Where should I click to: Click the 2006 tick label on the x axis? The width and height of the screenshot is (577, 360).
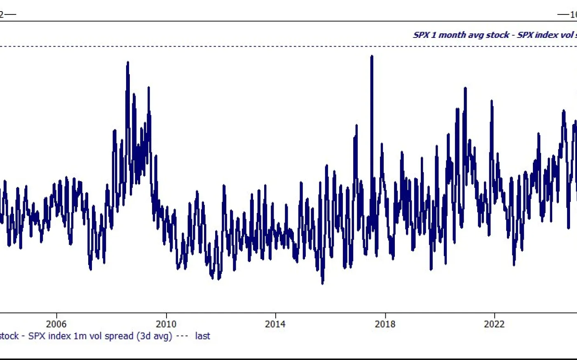pyautogui.click(x=56, y=324)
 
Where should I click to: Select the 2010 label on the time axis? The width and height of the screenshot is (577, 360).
pyautogui.click(x=166, y=324)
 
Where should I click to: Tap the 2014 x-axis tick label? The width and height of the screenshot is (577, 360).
pyautogui.click(x=275, y=324)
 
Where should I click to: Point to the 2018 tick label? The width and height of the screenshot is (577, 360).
pyautogui.click(x=385, y=324)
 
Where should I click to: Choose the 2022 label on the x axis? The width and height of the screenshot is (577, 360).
pyautogui.click(x=494, y=324)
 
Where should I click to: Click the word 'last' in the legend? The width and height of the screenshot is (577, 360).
pyautogui.click(x=202, y=336)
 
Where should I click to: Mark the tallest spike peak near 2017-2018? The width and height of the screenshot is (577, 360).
pyautogui.click(x=372, y=56)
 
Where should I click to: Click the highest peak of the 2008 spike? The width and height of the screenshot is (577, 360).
pyautogui.click(x=128, y=63)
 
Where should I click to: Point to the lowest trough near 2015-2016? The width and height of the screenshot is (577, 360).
pyautogui.click(x=322, y=283)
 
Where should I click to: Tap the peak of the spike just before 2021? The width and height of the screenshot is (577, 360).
pyautogui.click(x=465, y=88)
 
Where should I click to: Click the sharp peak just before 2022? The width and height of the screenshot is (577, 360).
pyautogui.click(x=491, y=101)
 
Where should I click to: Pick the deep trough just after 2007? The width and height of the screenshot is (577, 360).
pyautogui.click(x=90, y=269)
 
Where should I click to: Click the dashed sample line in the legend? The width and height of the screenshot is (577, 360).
pyautogui.click(x=182, y=336)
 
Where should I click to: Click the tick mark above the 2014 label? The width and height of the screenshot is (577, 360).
pyautogui.click(x=275, y=315)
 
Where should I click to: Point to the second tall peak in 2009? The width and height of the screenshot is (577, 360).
pyautogui.click(x=148, y=88)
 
